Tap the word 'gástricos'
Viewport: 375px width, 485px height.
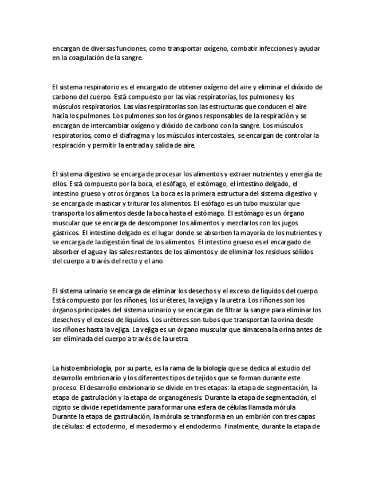tap(64, 233)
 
